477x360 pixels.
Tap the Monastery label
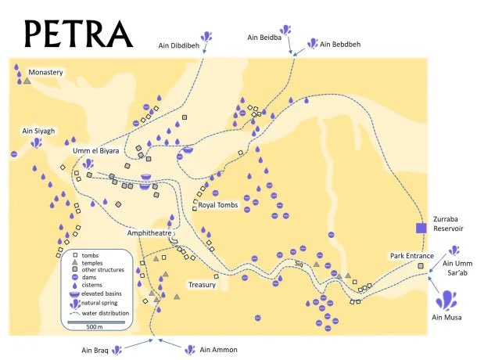pos(45,73)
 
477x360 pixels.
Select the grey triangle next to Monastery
pos(27,80)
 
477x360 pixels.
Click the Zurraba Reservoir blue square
pos(421,228)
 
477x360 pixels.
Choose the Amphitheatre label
pos(149,233)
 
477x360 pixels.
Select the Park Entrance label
pos(411,256)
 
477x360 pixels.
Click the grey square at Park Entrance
pos(421,267)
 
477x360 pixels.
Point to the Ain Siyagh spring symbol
pos(36,143)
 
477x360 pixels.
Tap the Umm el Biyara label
pos(95,150)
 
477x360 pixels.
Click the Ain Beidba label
pos(264,36)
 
